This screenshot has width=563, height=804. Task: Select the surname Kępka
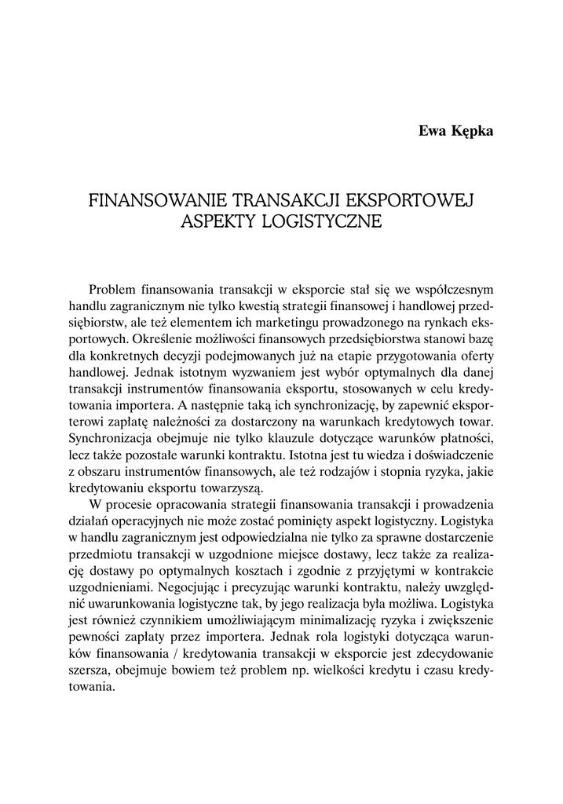click(x=471, y=131)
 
